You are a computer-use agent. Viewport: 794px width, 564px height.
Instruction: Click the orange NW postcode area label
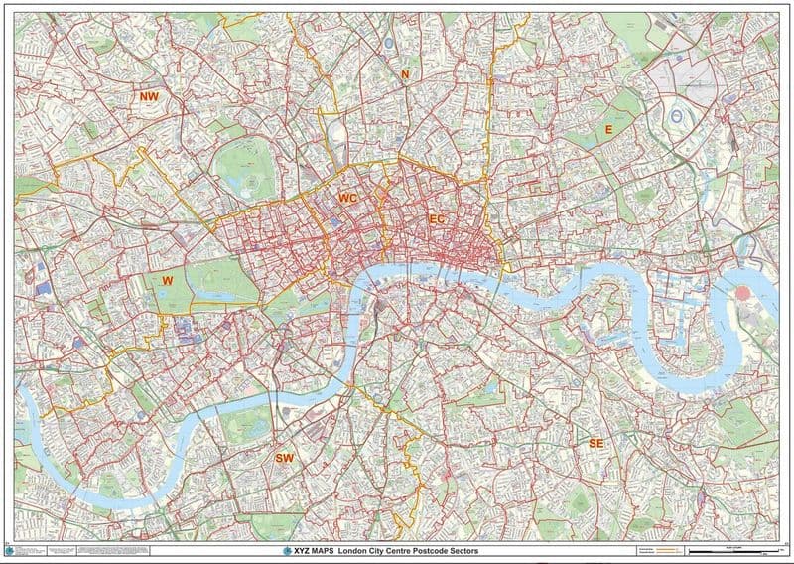[x=149, y=96]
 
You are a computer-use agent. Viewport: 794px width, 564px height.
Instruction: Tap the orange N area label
[x=404, y=74]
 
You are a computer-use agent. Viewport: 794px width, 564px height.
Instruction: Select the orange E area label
[x=608, y=130]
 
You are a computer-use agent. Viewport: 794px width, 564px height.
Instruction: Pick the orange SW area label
[x=284, y=458]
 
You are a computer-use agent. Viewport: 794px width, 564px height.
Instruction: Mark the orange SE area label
[x=595, y=442]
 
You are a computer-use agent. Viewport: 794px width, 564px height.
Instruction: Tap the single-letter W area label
[x=168, y=281]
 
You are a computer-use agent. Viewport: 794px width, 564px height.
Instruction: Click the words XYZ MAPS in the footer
[x=314, y=550]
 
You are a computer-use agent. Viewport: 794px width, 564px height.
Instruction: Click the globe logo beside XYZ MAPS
[x=289, y=550]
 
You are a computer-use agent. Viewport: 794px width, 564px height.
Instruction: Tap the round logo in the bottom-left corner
[x=10, y=550]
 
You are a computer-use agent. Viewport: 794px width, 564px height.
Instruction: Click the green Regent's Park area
[x=243, y=166]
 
